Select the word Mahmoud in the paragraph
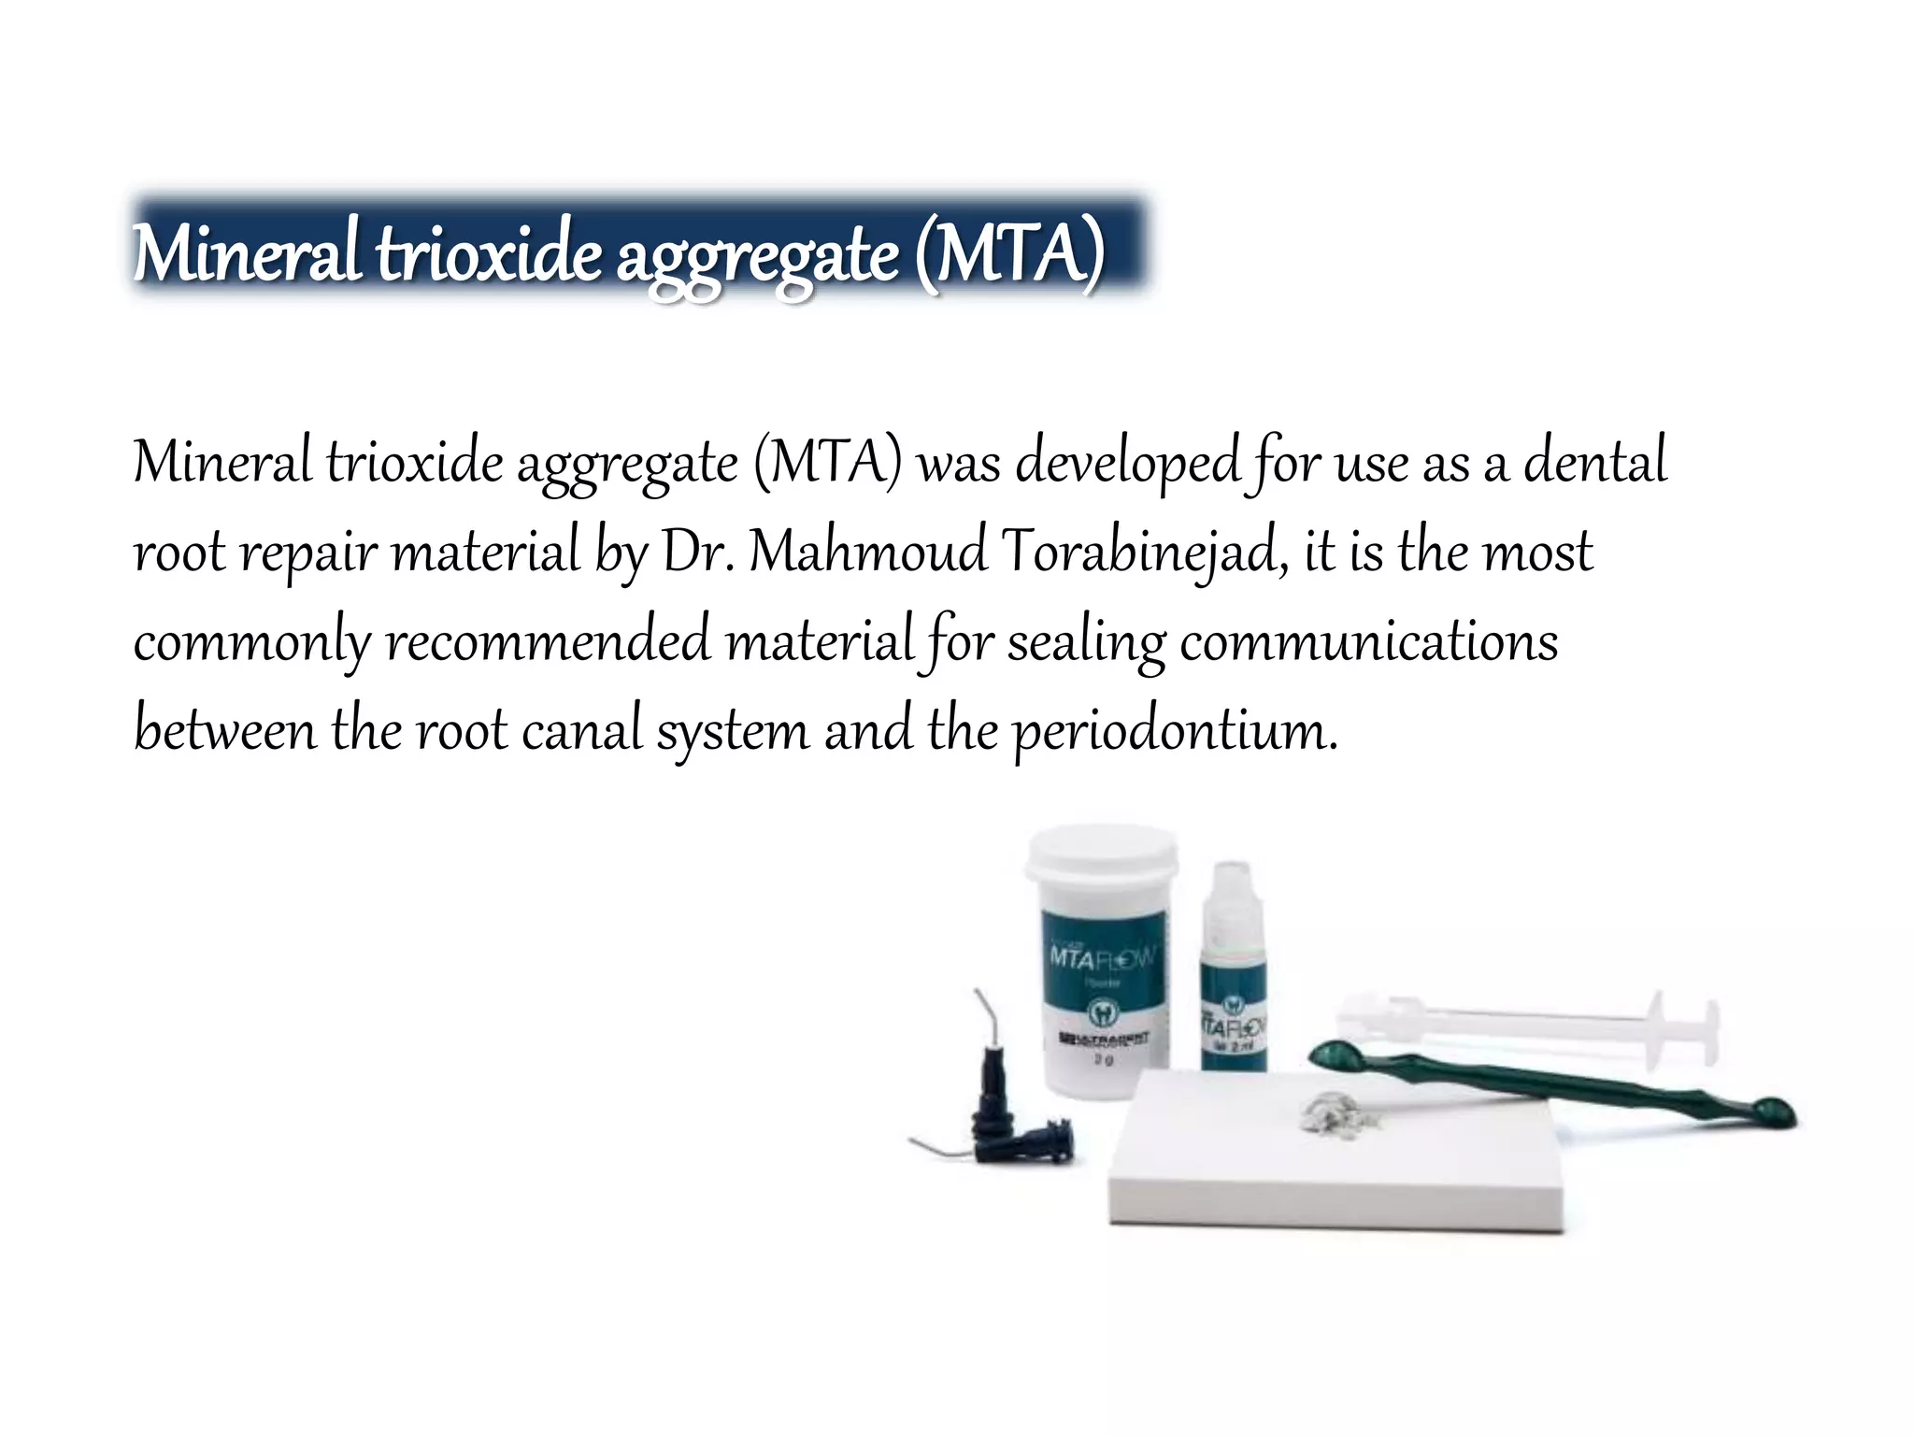tap(868, 552)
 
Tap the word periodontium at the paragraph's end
tap(1175, 731)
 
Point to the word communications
tap(1368, 641)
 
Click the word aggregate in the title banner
tap(757, 255)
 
